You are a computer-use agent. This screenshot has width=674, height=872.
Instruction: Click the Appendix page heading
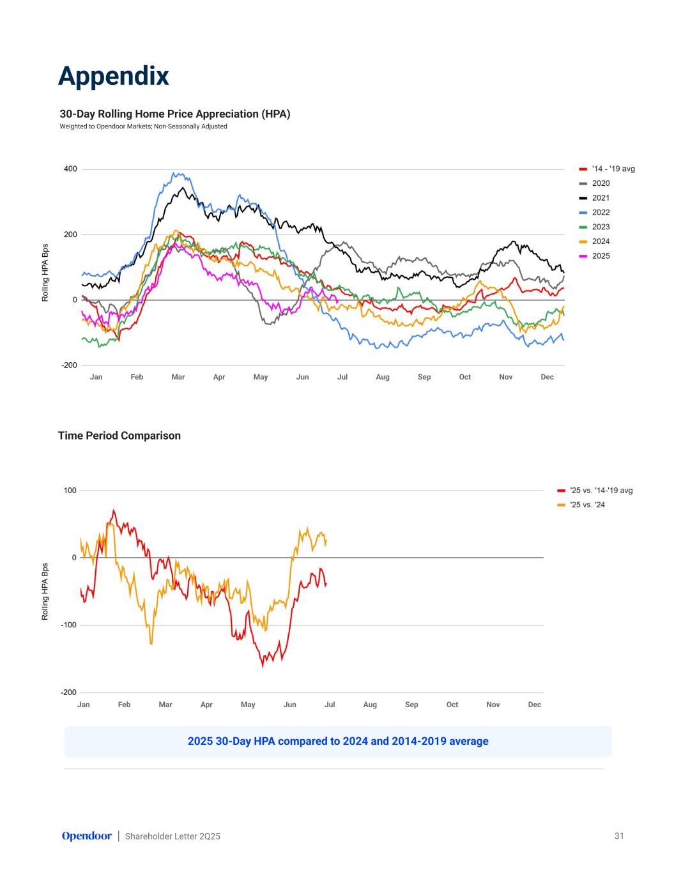coord(114,75)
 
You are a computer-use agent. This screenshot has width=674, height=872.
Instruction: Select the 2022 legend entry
coord(600,213)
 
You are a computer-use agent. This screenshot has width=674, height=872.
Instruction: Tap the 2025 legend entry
coord(600,256)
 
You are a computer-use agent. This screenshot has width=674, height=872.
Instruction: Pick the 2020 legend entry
coord(600,183)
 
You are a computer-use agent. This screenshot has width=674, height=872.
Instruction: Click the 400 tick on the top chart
coord(70,169)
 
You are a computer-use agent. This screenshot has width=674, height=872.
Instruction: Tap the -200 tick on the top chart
coord(69,365)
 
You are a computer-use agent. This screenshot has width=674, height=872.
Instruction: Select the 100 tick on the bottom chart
coord(70,491)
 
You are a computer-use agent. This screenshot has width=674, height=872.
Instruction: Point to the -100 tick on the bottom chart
coord(68,625)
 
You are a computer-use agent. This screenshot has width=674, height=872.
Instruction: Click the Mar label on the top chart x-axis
coord(178,377)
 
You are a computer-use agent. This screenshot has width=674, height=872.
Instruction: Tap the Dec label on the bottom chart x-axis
coord(535,705)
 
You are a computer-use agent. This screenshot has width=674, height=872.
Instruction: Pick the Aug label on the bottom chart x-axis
coord(370,705)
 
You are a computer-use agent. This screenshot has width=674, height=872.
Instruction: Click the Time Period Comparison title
coord(119,436)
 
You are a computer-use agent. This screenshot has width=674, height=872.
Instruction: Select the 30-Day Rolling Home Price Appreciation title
coord(175,114)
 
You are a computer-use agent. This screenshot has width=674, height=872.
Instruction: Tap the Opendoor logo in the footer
coord(86,836)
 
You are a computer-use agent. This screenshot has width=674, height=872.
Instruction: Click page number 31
coord(619,836)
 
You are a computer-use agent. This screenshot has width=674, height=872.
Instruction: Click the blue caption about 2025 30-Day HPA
coord(338,742)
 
